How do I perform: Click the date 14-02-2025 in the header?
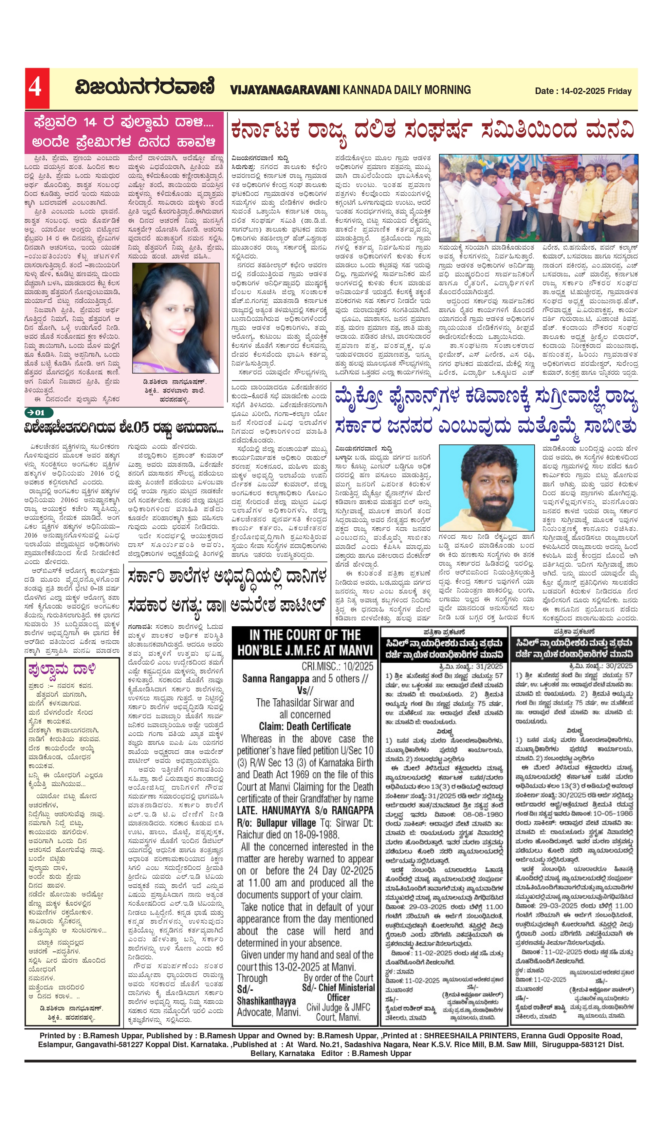tap(582, 91)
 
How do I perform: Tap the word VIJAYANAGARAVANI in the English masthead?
tap(285, 90)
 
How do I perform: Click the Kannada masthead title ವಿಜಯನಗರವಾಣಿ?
tap(145, 87)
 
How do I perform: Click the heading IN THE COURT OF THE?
tap(305, 635)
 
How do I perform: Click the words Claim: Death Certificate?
tap(305, 726)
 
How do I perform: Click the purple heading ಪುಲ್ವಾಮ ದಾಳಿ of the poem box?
tap(62, 670)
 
